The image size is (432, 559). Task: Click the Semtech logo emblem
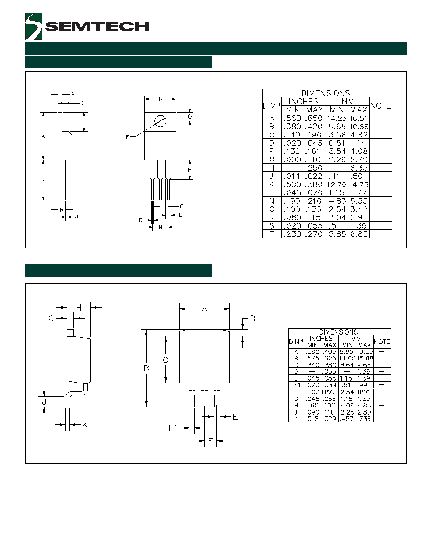point(34,26)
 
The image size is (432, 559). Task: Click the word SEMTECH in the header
point(97,26)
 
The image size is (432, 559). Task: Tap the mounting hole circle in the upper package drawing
point(160,120)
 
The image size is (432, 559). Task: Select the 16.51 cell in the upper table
point(359,119)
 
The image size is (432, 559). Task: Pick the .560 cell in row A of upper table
point(292,119)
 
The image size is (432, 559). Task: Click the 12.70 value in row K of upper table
point(336,184)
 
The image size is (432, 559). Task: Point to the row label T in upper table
point(272,234)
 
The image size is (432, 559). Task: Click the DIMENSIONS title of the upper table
point(326,94)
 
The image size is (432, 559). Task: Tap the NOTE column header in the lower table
point(382,342)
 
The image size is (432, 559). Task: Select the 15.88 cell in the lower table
point(365,358)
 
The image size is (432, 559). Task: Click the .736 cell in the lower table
point(365,419)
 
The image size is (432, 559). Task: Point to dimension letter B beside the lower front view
point(146,368)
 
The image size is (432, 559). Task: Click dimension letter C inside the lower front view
point(165,360)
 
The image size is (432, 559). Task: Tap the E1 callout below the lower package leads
point(173,428)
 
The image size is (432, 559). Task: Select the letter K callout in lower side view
point(85,424)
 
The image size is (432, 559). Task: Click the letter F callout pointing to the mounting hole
point(127,137)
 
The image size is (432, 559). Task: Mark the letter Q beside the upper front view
point(190,117)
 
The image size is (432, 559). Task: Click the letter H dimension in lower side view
point(79,308)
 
